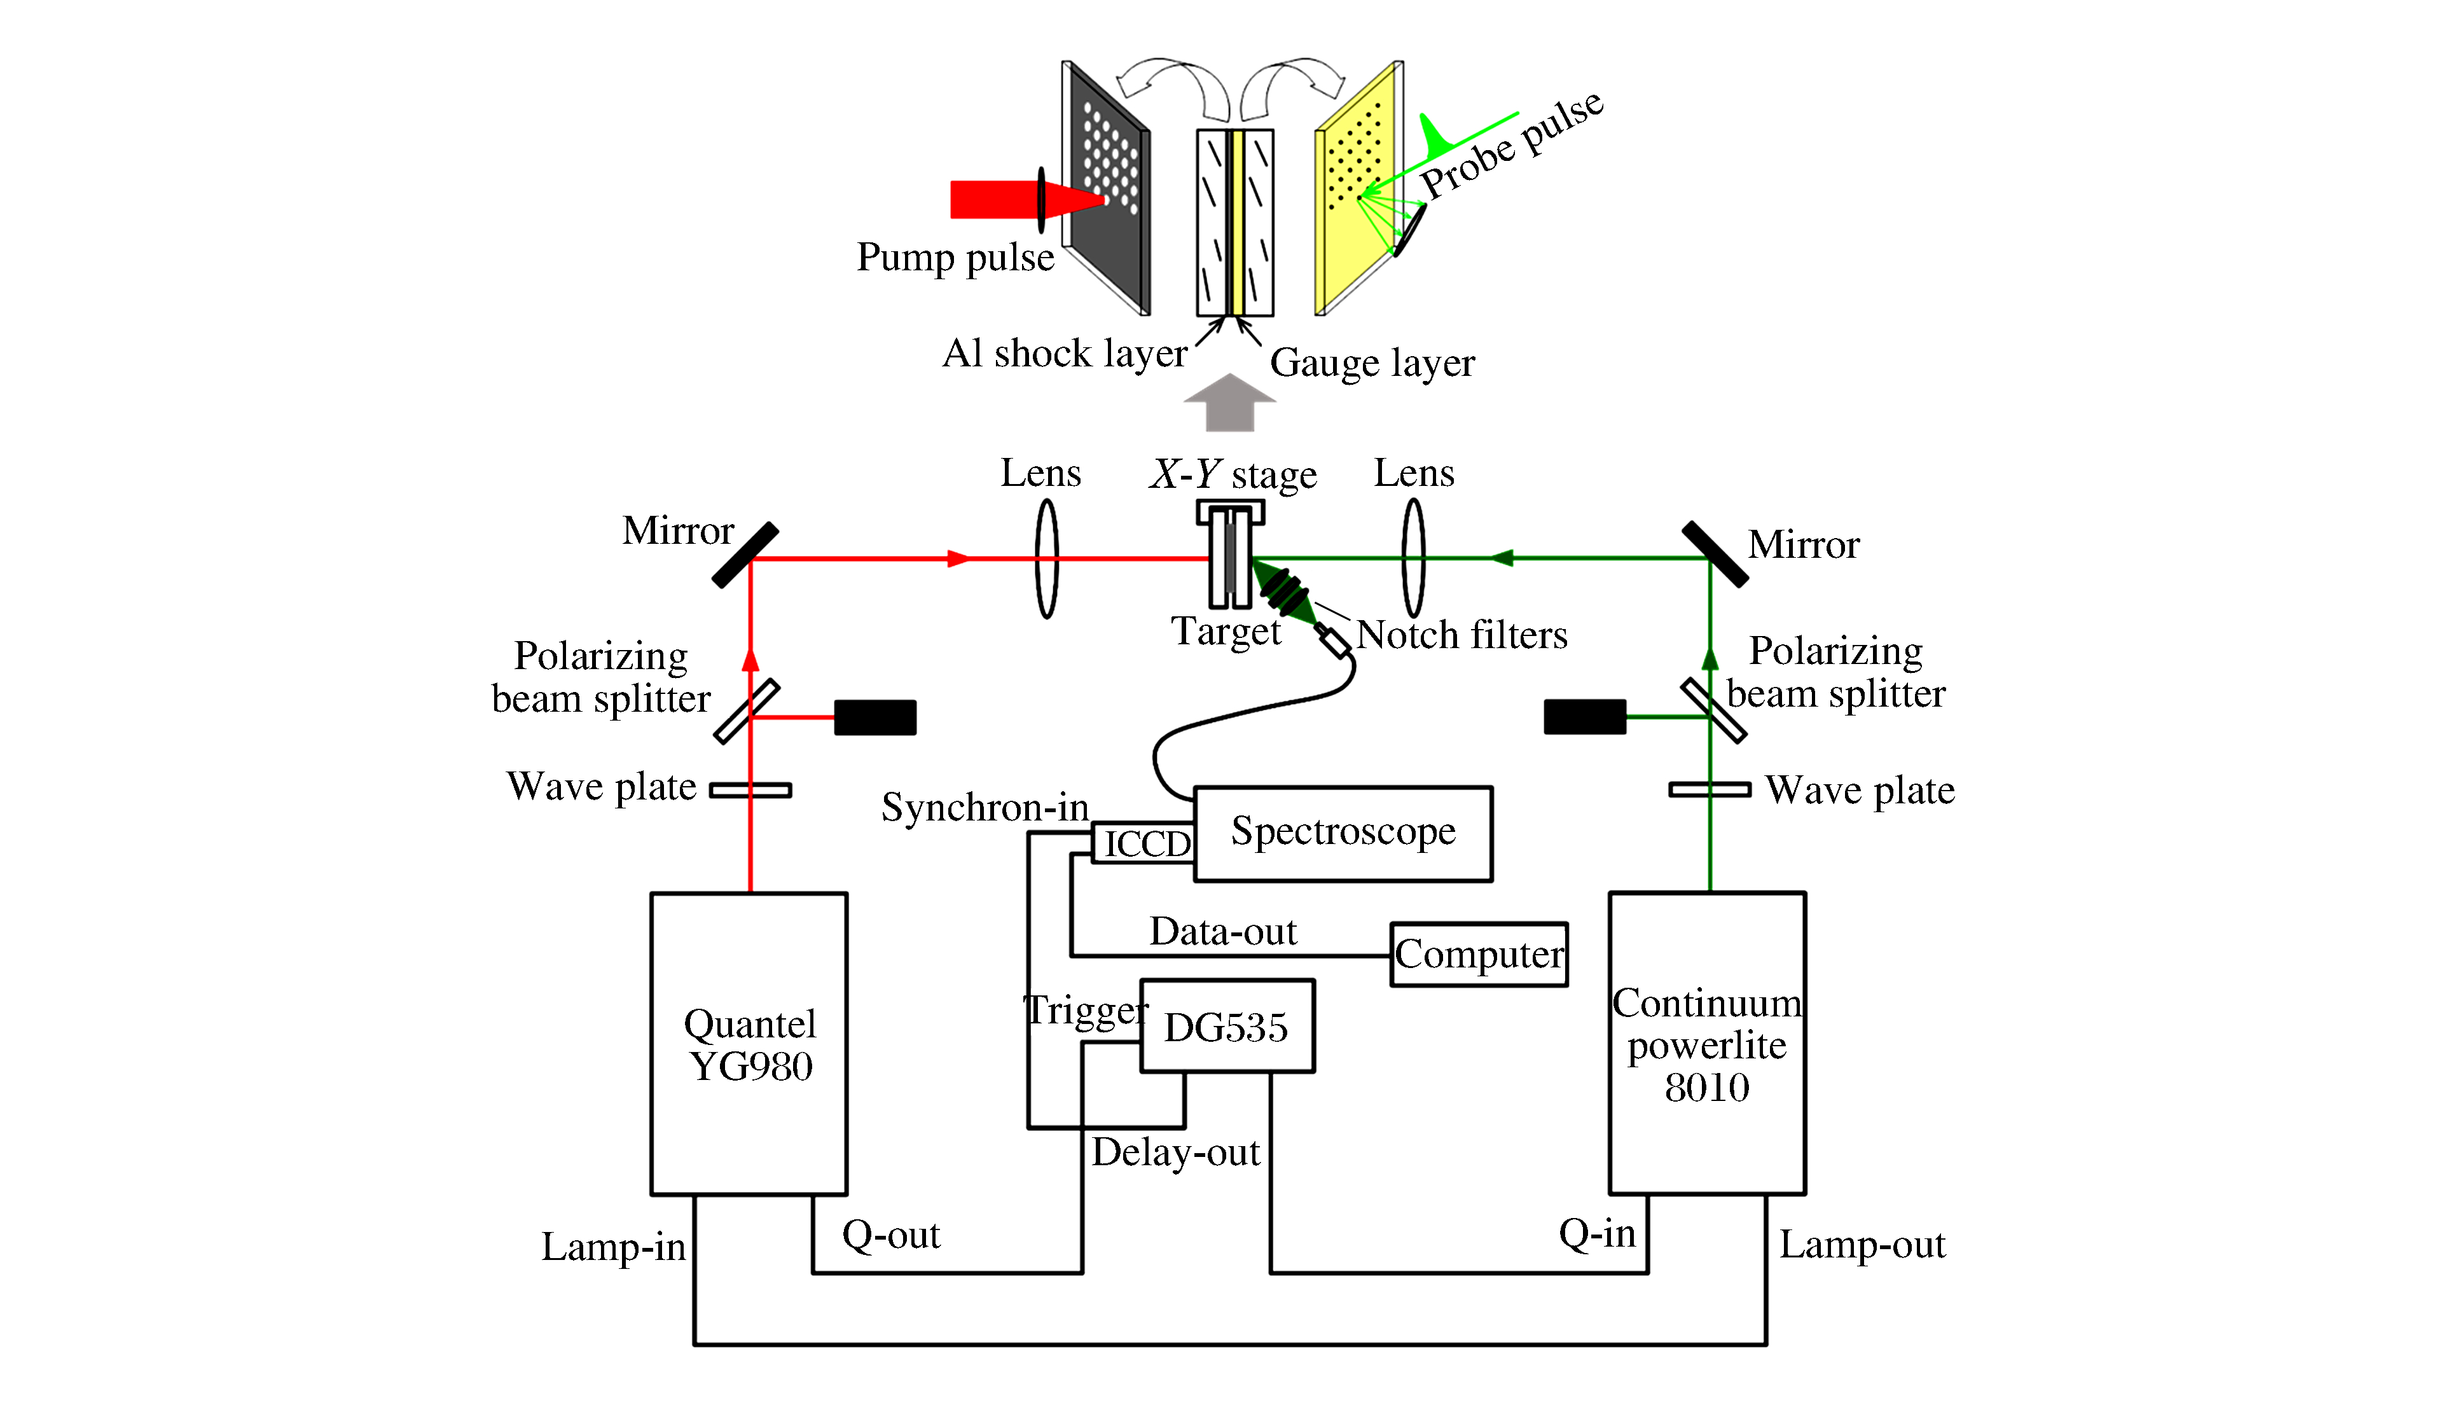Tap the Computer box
1478,954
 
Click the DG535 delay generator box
1226,1027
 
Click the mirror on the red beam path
745,555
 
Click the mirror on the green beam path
1715,555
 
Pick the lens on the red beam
1046,558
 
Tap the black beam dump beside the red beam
874,717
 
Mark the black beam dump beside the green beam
1584,717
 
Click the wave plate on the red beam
750,791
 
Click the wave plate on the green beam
1709,791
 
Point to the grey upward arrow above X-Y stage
1229,403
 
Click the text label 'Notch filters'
1461,635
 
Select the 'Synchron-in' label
985,806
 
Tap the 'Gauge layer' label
1371,363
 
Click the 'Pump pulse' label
955,258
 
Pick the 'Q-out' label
890,1234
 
